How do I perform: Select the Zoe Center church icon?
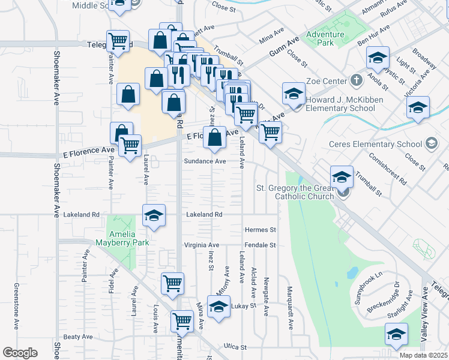pos(357,80)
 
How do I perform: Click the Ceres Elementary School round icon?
pos(431,143)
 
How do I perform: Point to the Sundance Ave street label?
pos(205,161)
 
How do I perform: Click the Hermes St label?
pos(260,230)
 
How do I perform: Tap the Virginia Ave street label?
pos(202,245)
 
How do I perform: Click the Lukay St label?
pos(244,305)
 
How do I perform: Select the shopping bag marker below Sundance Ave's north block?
pos(214,138)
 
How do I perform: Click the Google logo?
pos(20,353)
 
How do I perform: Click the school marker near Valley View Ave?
pos(396,335)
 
